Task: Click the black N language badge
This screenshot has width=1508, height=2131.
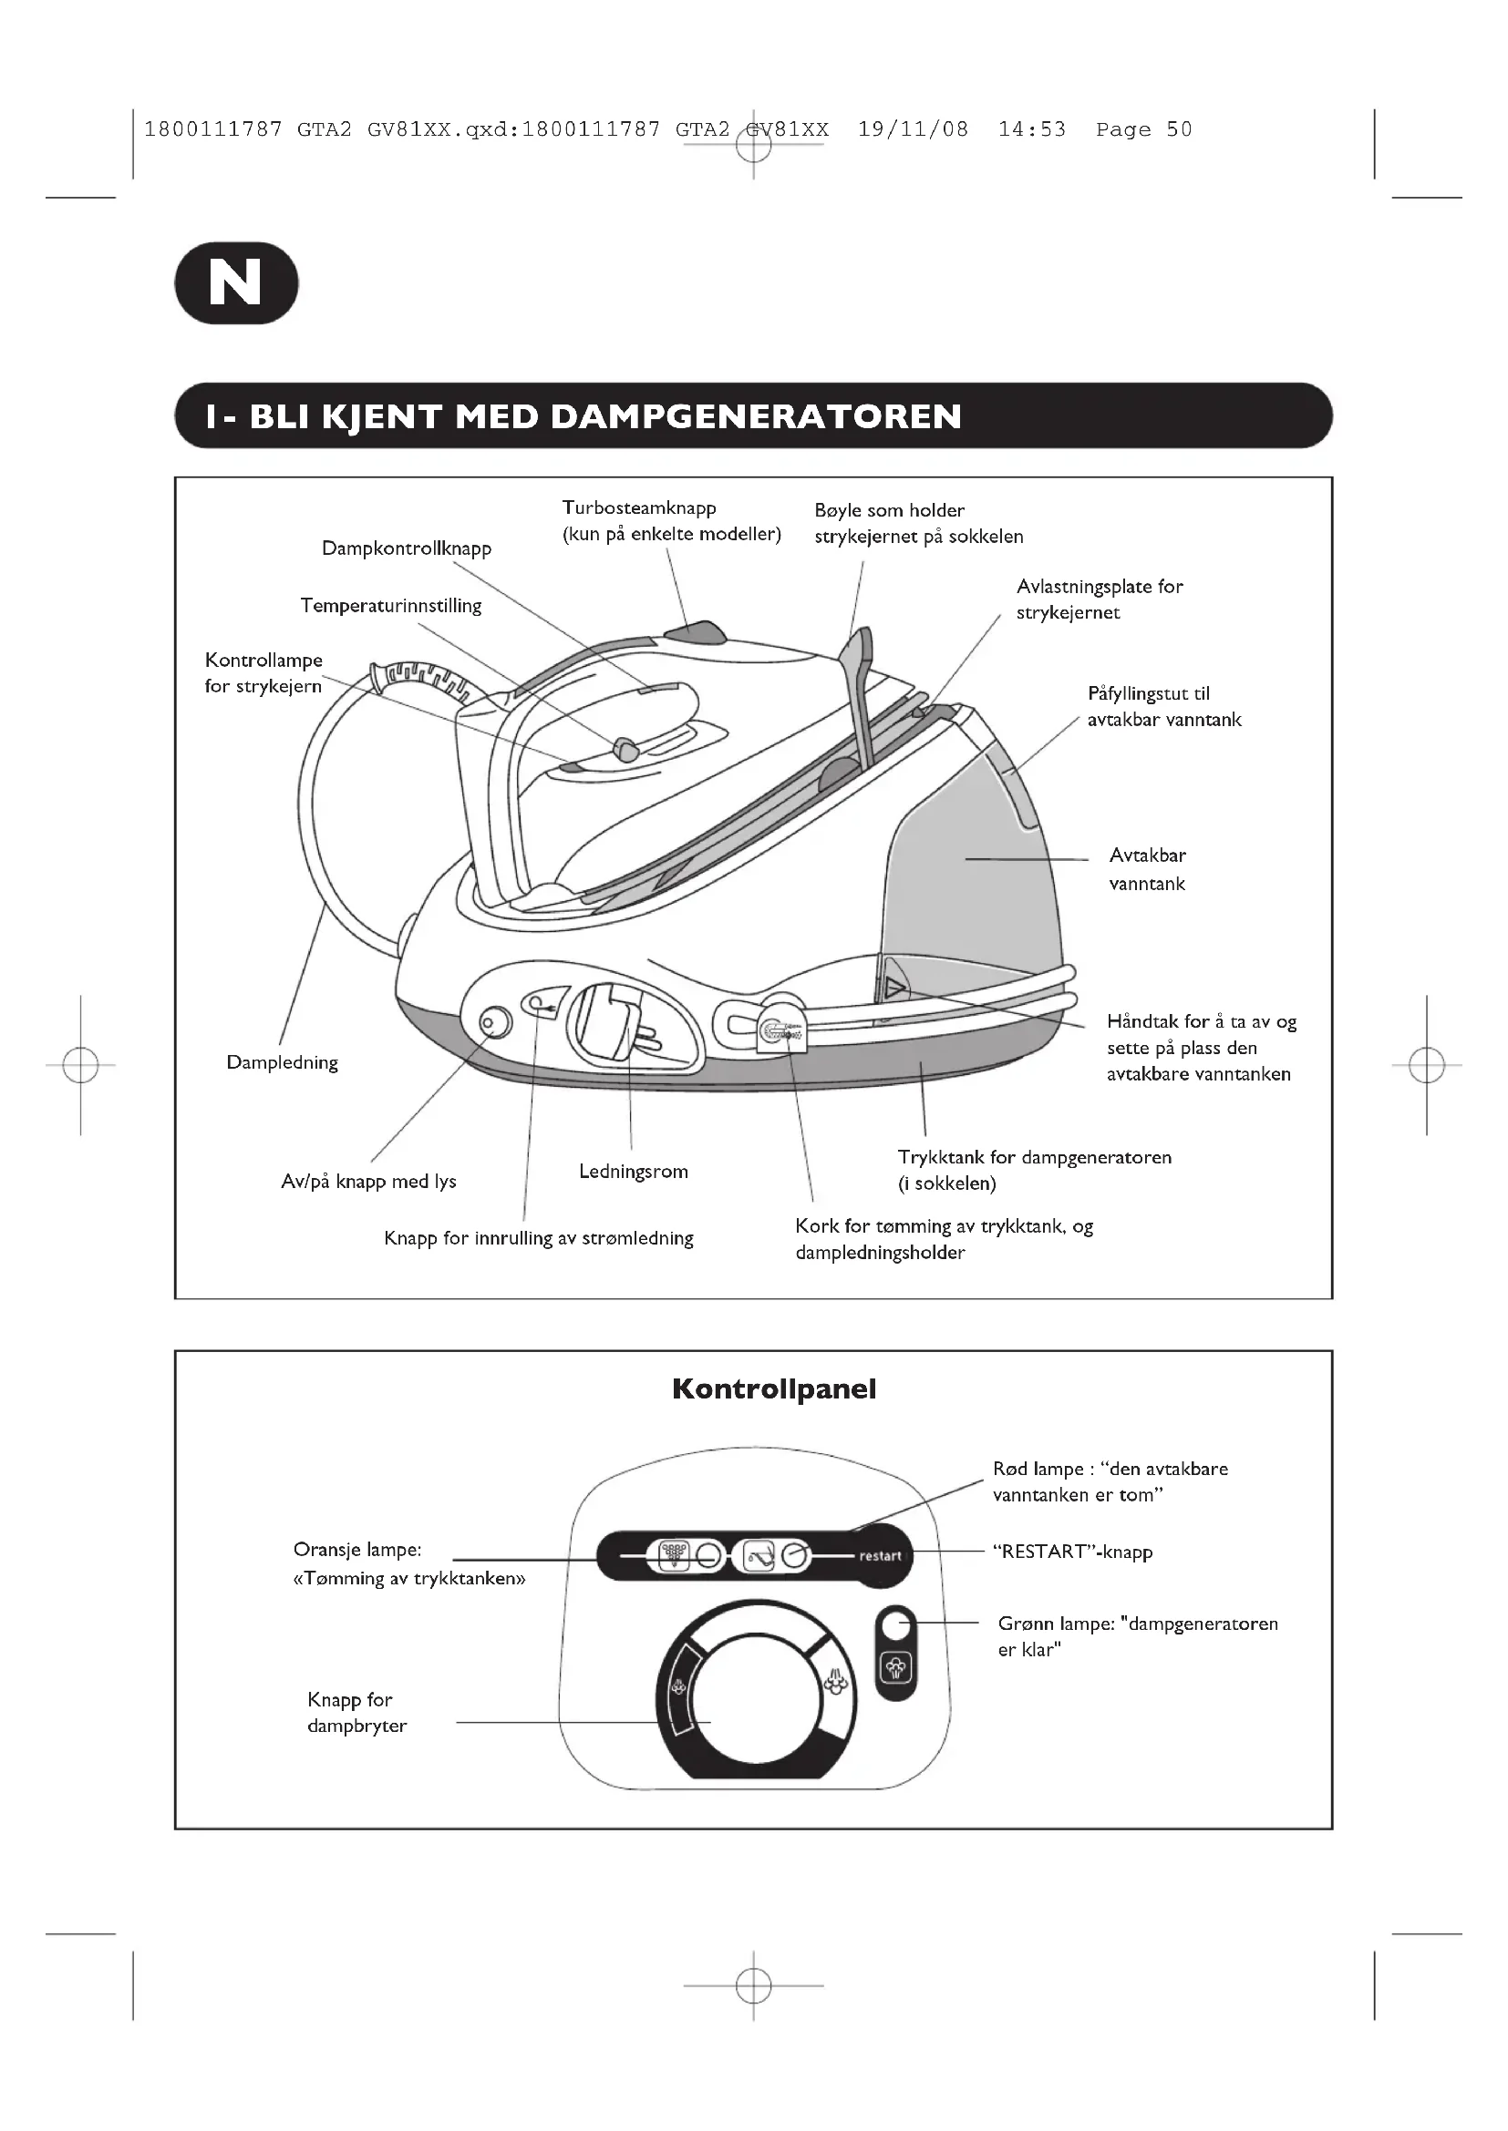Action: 236,283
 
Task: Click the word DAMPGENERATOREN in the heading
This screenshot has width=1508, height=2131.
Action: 756,416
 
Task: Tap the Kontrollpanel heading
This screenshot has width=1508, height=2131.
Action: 773,1389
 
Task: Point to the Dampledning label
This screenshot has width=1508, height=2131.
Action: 282,1062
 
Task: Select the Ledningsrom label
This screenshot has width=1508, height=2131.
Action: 634,1172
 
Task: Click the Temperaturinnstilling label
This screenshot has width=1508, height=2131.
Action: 391,606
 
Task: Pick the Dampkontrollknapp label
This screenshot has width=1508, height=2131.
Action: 407,548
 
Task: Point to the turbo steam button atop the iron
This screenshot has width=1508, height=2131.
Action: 696,633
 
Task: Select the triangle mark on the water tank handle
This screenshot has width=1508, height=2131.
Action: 894,987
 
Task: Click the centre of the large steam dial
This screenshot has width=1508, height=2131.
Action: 755,1695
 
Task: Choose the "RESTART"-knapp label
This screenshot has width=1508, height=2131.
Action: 1072,1552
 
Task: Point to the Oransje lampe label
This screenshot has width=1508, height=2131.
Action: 357,1550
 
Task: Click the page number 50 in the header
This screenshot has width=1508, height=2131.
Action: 1178,130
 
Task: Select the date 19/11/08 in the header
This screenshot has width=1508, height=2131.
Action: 913,130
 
